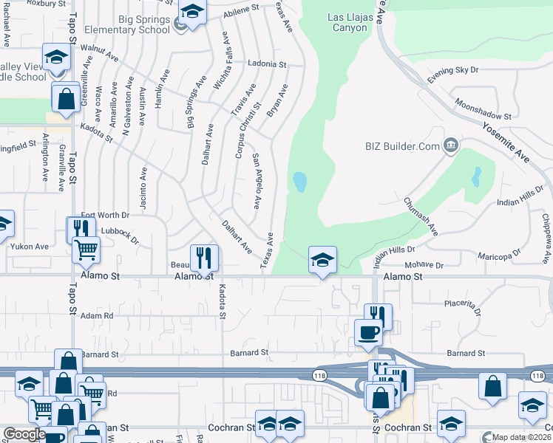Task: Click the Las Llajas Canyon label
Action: click(x=347, y=22)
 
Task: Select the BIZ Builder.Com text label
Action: click(x=402, y=146)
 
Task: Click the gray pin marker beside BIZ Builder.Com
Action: click(x=449, y=146)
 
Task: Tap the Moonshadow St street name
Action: click(x=483, y=109)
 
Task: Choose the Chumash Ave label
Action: click(x=421, y=216)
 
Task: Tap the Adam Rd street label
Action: click(x=97, y=315)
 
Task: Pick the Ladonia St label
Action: click(x=267, y=64)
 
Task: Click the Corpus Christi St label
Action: click(x=248, y=130)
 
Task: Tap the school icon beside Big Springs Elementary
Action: click(x=192, y=13)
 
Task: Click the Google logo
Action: click(x=24, y=434)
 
